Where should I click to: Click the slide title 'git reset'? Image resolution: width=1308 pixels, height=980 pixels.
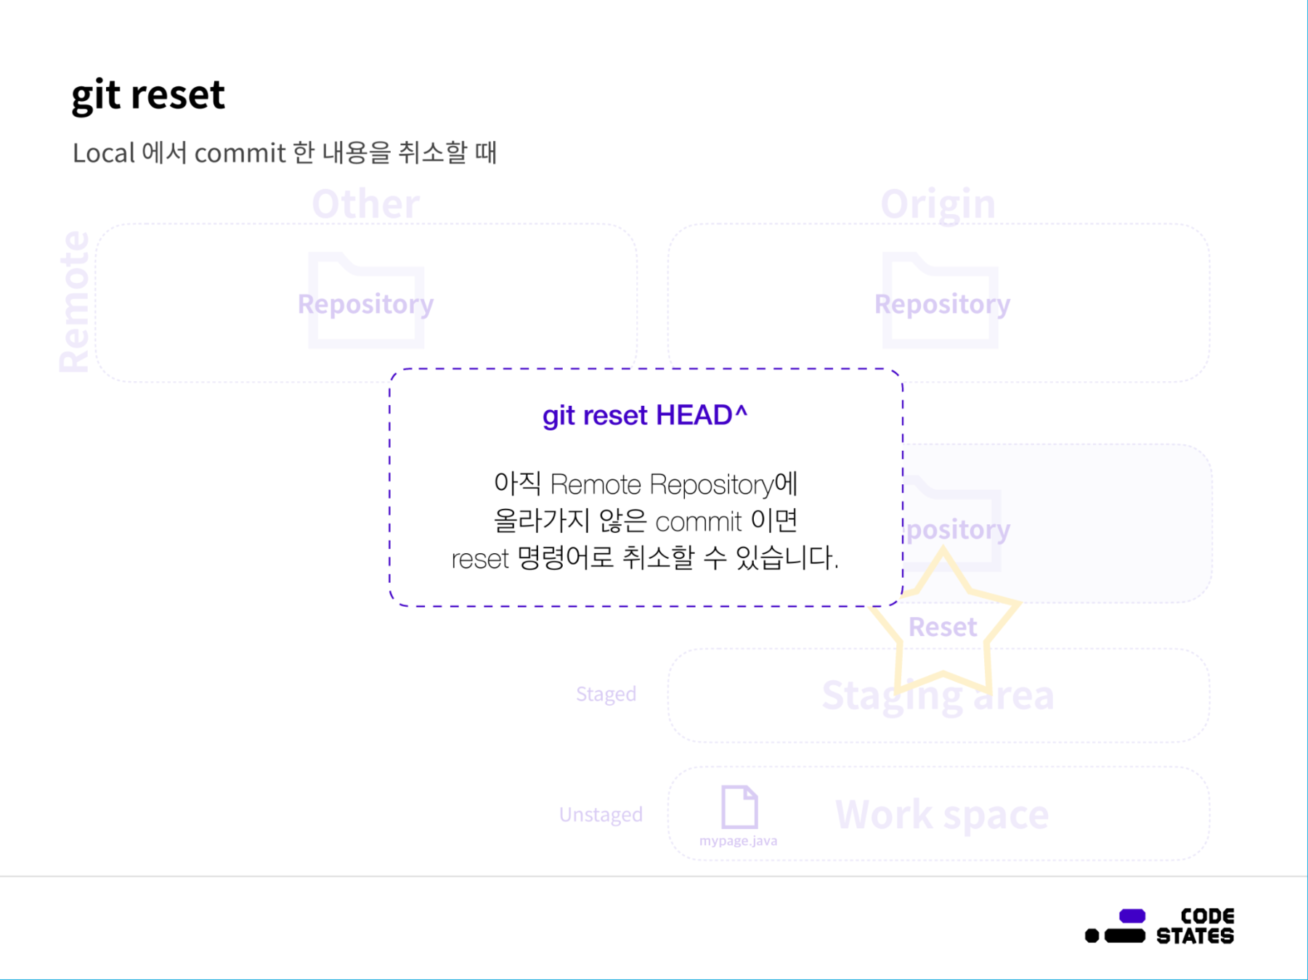click(x=148, y=95)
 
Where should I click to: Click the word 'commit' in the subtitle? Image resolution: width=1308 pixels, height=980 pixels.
click(x=240, y=153)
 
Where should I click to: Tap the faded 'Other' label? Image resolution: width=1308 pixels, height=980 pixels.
click(x=365, y=204)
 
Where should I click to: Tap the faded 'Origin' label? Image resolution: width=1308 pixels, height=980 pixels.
click(x=938, y=204)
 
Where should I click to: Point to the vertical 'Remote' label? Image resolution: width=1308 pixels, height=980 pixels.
click(x=74, y=301)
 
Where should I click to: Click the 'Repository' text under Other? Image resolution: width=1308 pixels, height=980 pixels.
click(x=365, y=303)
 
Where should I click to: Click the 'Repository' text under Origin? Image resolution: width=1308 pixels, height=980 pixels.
click(x=942, y=303)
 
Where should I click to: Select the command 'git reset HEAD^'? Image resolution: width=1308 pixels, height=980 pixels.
click(x=645, y=415)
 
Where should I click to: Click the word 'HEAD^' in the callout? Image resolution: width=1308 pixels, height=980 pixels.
click(x=702, y=415)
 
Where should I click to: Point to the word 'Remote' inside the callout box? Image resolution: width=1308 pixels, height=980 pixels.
click(x=596, y=484)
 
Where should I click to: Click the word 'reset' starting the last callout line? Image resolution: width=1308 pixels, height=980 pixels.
click(x=479, y=559)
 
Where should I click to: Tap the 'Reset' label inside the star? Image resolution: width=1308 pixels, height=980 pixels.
click(x=942, y=626)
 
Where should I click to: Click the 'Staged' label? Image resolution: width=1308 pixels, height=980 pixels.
click(x=606, y=694)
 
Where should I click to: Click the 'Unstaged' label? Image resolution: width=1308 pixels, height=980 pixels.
click(x=601, y=814)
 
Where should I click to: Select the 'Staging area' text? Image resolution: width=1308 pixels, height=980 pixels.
click(x=938, y=695)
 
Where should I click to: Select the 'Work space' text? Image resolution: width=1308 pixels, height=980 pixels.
click(x=942, y=814)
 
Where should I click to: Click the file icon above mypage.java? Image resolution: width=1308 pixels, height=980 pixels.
click(x=739, y=807)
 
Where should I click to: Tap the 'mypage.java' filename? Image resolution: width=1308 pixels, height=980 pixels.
click(x=738, y=841)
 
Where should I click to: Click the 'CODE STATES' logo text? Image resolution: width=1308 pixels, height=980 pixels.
click(x=1195, y=926)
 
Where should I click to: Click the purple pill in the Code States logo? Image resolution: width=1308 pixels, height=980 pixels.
click(x=1132, y=916)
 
